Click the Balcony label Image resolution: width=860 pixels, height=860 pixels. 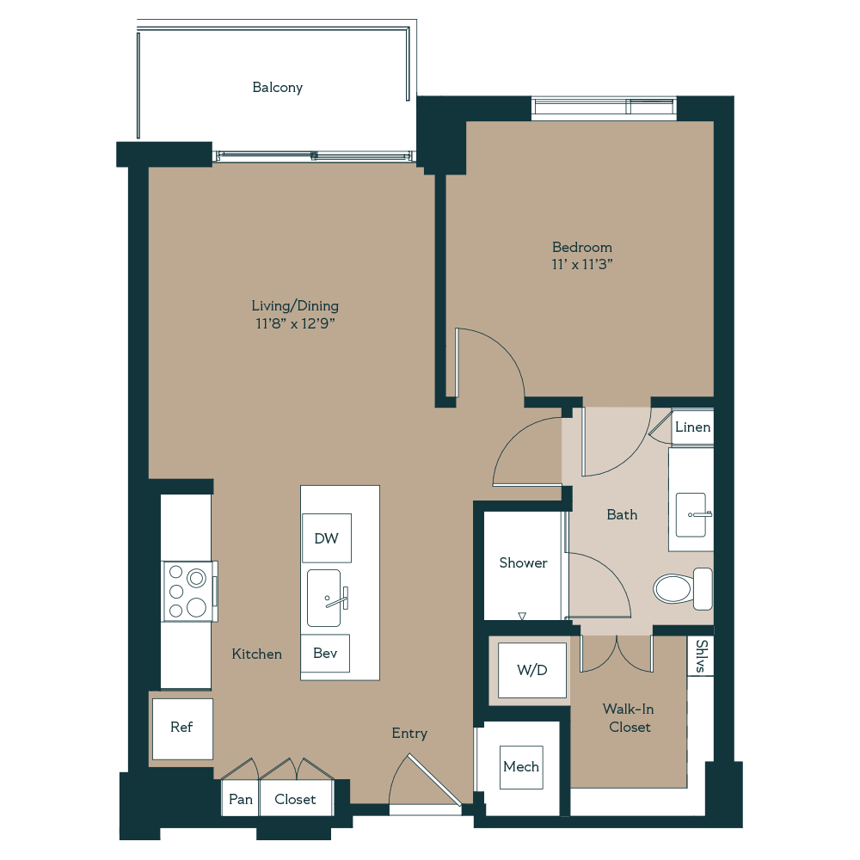coord(277,88)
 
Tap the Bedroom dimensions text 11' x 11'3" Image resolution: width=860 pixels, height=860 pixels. coord(582,265)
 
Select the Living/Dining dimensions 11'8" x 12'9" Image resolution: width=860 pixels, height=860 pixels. coord(295,323)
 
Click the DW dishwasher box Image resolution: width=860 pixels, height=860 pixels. coord(326,539)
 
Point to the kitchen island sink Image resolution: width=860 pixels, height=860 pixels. coord(325,599)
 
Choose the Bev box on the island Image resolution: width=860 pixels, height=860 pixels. coord(325,654)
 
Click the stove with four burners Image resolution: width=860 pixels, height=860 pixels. coord(189,591)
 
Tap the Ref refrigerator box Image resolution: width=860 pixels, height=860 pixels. coord(181,728)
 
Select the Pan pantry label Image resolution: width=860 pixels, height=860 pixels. coord(241,799)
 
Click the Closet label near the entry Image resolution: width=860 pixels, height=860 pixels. coord(295,799)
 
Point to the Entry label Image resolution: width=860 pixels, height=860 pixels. coord(409,734)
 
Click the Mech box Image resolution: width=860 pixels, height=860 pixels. coord(521,767)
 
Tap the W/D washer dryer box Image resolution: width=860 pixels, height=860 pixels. coord(532,670)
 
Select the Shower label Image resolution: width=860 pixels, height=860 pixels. coord(523,563)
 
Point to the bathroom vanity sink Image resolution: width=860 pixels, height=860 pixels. coord(691,514)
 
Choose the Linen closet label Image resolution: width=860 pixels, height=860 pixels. coord(692,427)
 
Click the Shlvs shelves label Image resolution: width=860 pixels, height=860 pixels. coord(701,656)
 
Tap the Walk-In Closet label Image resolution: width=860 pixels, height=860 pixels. coord(628,718)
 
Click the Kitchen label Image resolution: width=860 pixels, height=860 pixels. coord(256,654)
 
